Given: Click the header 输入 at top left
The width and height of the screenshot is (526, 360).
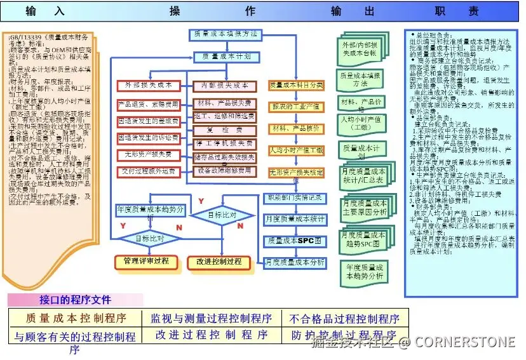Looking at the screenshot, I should click(x=45, y=11).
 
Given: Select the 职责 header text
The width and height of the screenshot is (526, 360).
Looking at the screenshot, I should click(x=457, y=11).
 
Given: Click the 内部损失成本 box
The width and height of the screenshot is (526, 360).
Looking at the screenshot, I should click(x=224, y=85).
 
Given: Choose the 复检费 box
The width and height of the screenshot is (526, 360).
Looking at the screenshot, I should click(x=224, y=131).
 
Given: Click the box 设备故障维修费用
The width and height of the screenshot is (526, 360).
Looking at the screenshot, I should click(x=224, y=171).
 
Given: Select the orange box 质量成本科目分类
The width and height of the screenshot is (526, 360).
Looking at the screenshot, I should click(x=296, y=84).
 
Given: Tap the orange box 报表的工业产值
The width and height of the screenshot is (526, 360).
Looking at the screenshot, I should click(x=296, y=106).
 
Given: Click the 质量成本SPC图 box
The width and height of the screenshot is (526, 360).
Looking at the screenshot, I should click(x=295, y=241).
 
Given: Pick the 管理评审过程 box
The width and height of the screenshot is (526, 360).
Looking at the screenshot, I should click(x=146, y=261).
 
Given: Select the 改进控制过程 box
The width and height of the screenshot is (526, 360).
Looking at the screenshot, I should click(x=219, y=262).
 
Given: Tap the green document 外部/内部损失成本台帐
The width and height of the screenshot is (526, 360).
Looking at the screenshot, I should click(x=360, y=49).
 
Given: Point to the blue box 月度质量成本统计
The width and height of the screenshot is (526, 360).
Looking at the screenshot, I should click(x=295, y=219).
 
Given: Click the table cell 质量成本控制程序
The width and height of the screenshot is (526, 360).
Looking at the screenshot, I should click(x=76, y=318).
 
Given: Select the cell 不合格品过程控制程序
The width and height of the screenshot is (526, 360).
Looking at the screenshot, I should click(x=344, y=319).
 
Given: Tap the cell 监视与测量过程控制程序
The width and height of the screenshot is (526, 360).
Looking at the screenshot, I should click(x=210, y=318).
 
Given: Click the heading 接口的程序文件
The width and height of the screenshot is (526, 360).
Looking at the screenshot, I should click(x=75, y=300).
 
